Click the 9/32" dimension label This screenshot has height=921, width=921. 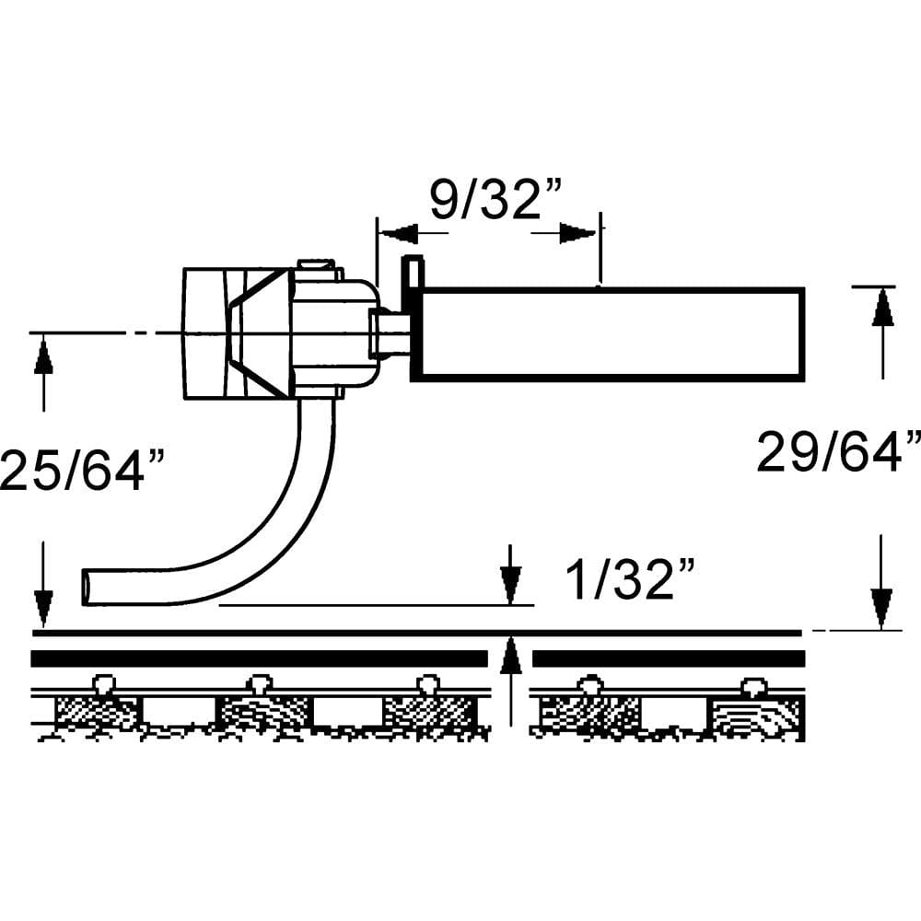[497, 200]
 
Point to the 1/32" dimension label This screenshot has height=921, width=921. [629, 580]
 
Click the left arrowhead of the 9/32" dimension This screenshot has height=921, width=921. [396, 234]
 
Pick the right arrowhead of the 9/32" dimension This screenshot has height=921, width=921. [578, 234]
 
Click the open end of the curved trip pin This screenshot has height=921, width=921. [88, 586]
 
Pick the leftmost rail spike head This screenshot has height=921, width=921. [103, 683]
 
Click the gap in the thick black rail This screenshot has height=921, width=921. [509, 659]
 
